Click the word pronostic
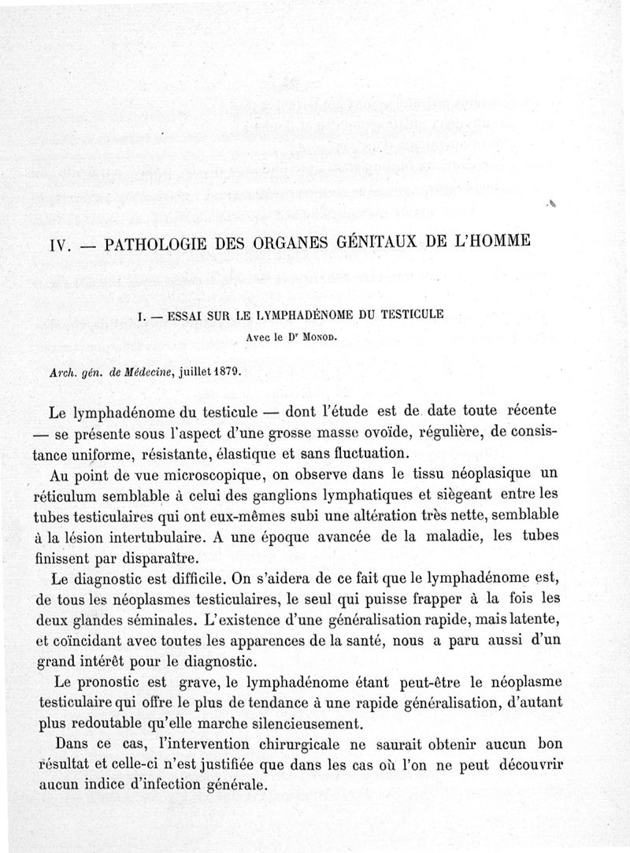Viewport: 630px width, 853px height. (x=120, y=681)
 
